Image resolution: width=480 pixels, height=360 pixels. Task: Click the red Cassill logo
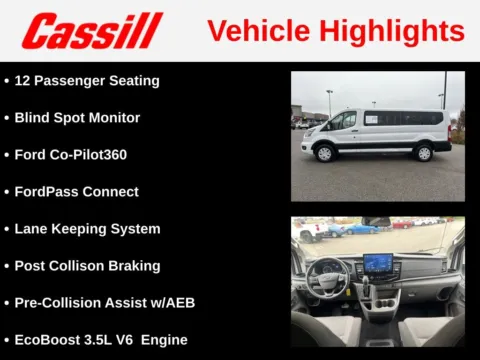[x=93, y=31]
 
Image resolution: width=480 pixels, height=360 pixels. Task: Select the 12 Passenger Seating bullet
[x=86, y=80]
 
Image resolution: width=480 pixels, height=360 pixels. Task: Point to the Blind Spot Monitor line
[x=77, y=117]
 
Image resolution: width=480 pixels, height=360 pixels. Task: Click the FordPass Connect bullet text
[x=76, y=191]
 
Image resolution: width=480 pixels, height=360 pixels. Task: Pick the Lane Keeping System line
[x=87, y=228]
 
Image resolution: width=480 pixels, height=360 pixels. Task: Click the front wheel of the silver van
[x=324, y=153]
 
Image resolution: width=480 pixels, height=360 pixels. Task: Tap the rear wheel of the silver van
[x=424, y=152]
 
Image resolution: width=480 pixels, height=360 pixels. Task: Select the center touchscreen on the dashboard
[x=378, y=264]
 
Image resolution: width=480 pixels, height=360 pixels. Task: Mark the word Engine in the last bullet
[x=164, y=339]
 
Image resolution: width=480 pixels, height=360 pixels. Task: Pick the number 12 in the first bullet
[x=23, y=80]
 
